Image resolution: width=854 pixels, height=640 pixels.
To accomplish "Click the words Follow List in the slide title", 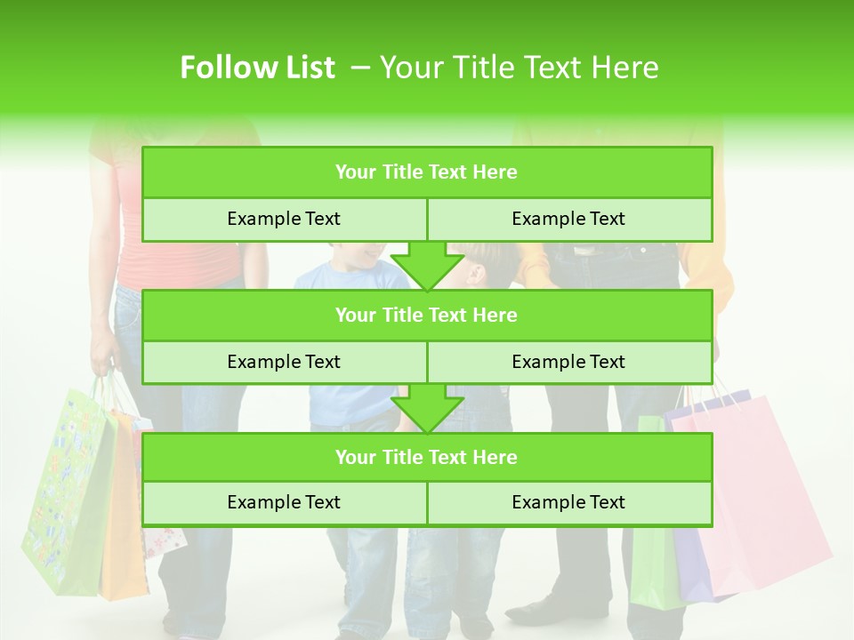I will tap(257, 68).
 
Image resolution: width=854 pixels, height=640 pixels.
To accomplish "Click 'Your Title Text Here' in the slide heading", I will tap(519, 68).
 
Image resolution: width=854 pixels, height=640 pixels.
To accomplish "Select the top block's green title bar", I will tap(427, 172).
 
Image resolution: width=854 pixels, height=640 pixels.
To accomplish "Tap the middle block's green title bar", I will tap(427, 315).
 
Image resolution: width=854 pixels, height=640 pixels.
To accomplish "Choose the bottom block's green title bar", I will tap(427, 457).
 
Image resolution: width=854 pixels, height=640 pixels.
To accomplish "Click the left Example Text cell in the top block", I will tap(284, 219).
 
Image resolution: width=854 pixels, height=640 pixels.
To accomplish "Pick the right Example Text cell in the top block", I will tap(568, 219).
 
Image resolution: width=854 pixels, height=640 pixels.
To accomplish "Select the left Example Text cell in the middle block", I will tap(284, 362).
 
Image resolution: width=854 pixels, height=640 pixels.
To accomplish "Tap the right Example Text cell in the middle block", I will tap(568, 362).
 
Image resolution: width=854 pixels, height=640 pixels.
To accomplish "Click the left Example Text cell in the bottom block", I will tap(284, 502).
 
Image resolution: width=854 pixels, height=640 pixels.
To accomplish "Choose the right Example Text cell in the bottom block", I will tap(568, 502).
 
